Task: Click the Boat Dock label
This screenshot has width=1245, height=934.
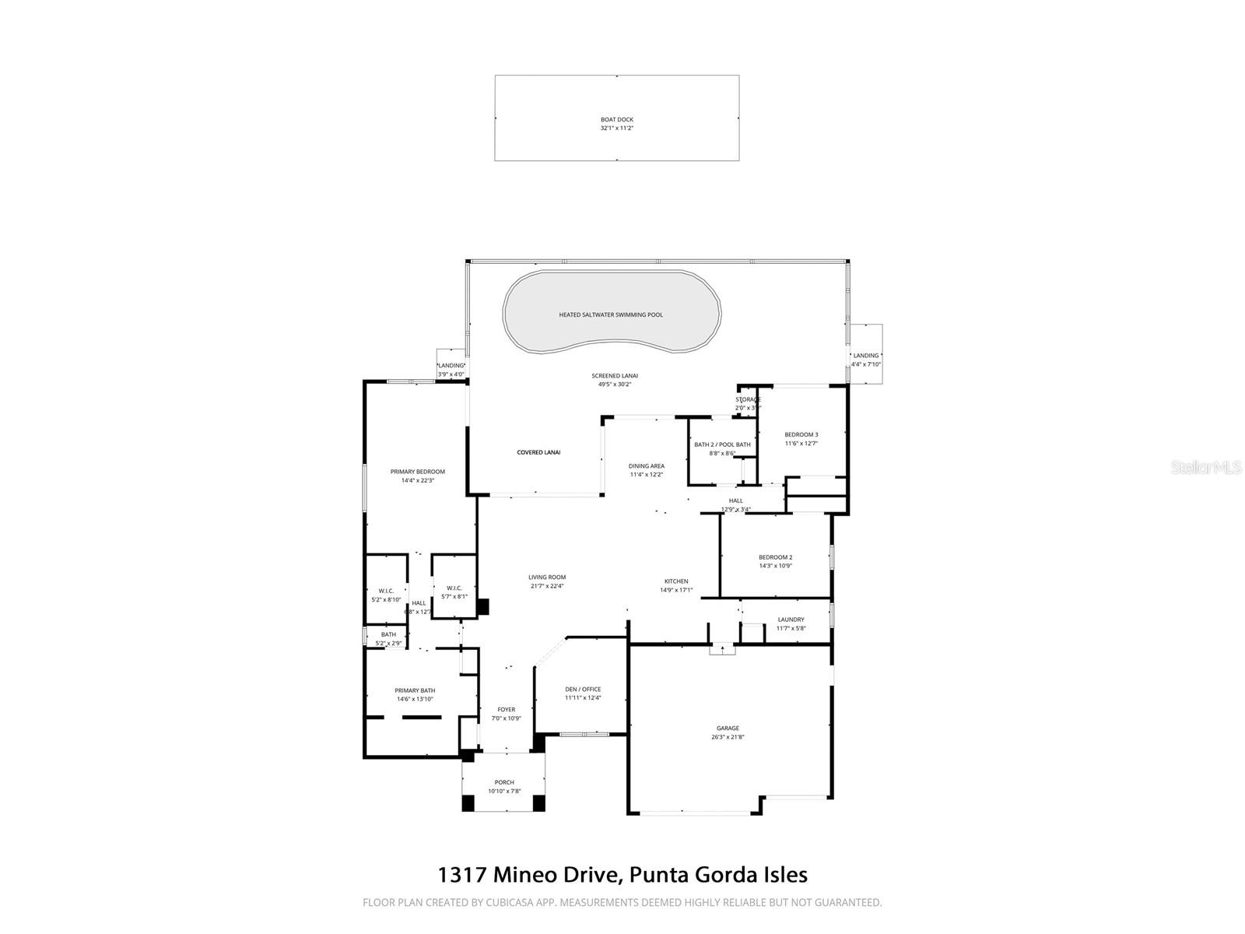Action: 616,120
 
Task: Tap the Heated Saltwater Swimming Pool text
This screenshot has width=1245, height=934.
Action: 611,315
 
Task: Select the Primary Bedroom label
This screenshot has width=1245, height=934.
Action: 418,472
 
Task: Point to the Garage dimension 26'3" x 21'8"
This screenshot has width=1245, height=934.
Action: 728,737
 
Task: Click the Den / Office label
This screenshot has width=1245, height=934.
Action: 583,689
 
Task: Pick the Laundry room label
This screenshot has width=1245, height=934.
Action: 791,620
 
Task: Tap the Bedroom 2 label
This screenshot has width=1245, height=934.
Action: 775,557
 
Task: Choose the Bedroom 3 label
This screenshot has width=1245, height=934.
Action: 801,434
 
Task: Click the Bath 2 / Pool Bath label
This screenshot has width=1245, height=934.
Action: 722,444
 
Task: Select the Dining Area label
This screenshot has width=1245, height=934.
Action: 647,466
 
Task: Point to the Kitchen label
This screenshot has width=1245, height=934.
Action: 675,581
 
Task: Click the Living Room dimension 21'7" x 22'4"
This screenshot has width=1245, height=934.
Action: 547,586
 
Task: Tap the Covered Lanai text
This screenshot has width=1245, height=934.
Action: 538,452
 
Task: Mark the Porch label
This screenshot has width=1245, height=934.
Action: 504,782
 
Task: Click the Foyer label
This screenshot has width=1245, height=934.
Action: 507,709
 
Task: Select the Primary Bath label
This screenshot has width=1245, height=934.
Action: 415,690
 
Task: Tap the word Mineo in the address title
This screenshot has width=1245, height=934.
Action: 521,875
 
